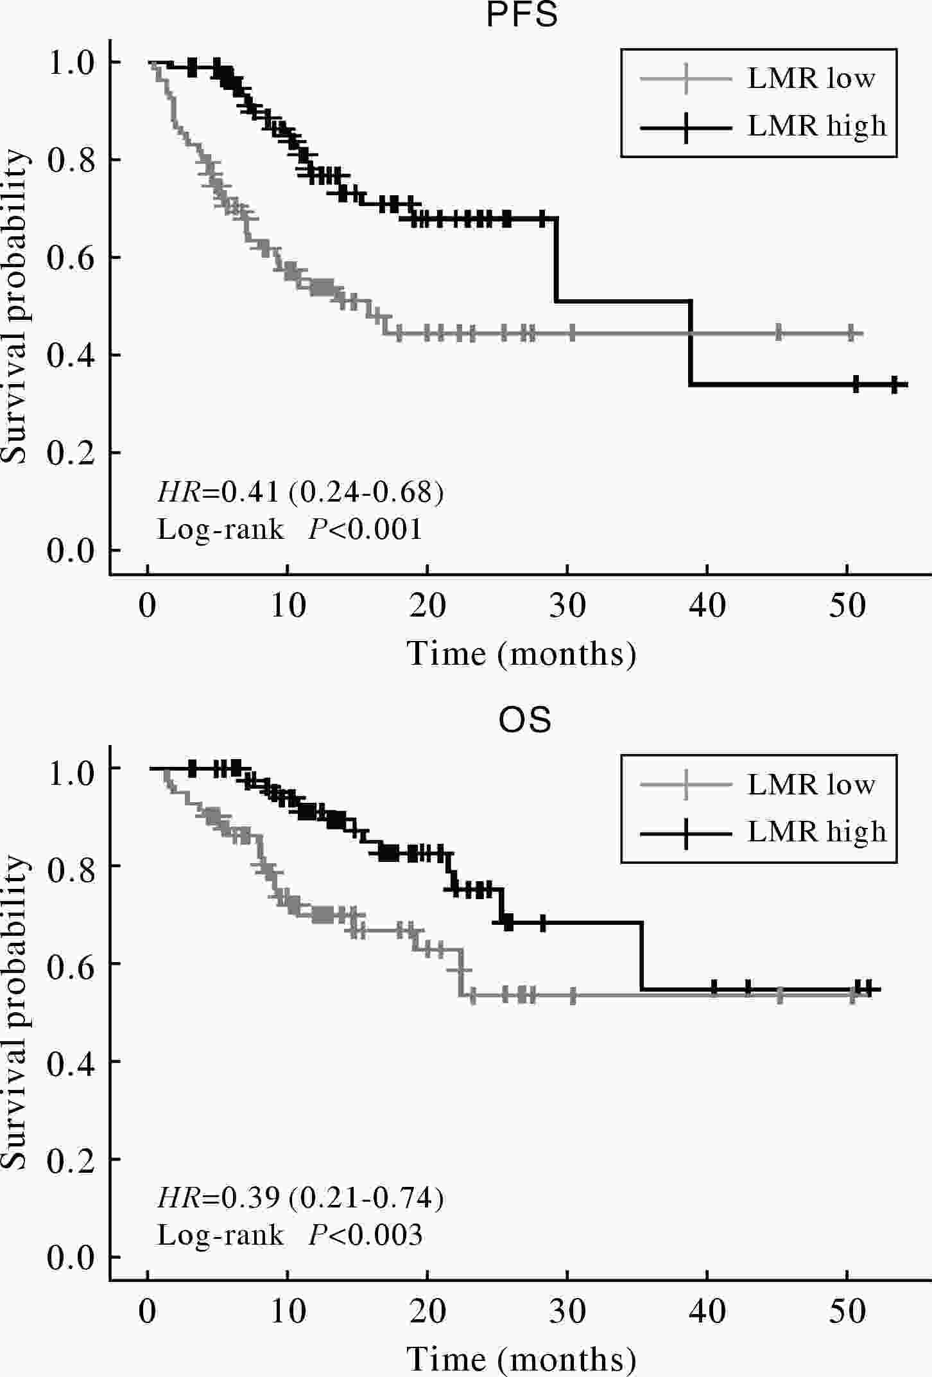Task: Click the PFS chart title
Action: coord(522,15)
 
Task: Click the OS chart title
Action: coord(524,720)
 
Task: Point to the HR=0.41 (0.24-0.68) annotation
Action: coord(300,493)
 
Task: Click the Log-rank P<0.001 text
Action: coord(290,530)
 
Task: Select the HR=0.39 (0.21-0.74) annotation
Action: coord(300,1198)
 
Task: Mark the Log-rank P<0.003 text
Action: coord(290,1235)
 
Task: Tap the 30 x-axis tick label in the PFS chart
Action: coord(567,606)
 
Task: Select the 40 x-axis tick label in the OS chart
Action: coord(707,1311)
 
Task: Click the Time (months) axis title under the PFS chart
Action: coord(522,654)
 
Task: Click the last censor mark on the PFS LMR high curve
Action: coord(894,385)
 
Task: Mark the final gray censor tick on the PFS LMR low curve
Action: coord(851,333)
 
